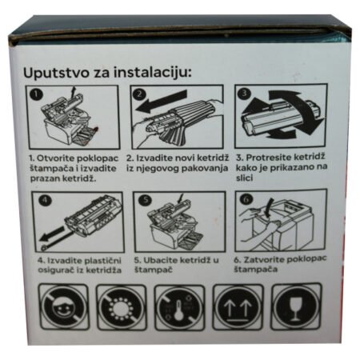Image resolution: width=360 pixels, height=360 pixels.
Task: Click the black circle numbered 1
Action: (x=36, y=94)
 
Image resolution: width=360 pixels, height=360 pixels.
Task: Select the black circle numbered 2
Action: (x=140, y=94)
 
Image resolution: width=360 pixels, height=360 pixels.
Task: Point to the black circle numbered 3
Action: (x=244, y=93)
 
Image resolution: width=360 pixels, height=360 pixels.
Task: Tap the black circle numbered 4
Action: (x=45, y=200)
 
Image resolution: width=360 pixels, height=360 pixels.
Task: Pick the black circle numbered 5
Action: (x=145, y=200)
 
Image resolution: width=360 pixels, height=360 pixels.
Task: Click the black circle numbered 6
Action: (x=246, y=198)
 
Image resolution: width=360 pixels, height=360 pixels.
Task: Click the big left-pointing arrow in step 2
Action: (x=161, y=102)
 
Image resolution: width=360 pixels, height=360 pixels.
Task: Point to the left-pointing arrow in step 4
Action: (x=52, y=233)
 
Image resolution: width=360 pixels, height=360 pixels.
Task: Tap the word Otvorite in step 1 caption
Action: (x=55, y=158)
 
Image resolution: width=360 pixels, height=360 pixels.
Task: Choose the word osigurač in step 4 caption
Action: (x=56, y=270)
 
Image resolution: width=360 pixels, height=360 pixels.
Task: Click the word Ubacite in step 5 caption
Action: (x=160, y=260)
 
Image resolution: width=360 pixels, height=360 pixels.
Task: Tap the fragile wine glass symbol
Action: (x=296, y=306)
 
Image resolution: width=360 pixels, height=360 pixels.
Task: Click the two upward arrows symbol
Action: (x=238, y=307)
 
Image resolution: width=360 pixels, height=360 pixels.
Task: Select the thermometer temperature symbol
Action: (x=179, y=308)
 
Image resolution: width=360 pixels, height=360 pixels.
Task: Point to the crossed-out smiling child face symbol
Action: (x=64, y=307)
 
